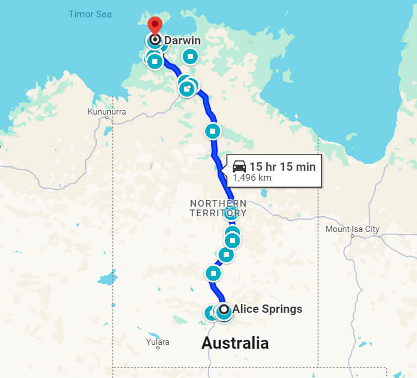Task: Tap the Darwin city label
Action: tap(182, 40)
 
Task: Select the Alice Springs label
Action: tap(268, 309)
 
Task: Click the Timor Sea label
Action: tap(90, 14)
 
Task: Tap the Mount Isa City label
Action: tap(352, 229)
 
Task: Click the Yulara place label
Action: tap(157, 341)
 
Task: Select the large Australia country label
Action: tap(235, 343)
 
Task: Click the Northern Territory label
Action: tap(218, 208)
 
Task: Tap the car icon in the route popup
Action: tap(239, 166)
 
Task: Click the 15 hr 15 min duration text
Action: tap(283, 166)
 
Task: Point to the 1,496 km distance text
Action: tap(252, 177)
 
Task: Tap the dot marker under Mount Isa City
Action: tap(352, 236)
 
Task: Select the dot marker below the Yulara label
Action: tap(158, 348)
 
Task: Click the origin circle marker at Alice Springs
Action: tap(224, 309)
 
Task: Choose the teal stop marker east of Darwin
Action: tap(191, 56)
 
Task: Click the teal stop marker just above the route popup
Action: tap(212, 131)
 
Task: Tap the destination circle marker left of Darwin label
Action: tap(155, 40)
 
